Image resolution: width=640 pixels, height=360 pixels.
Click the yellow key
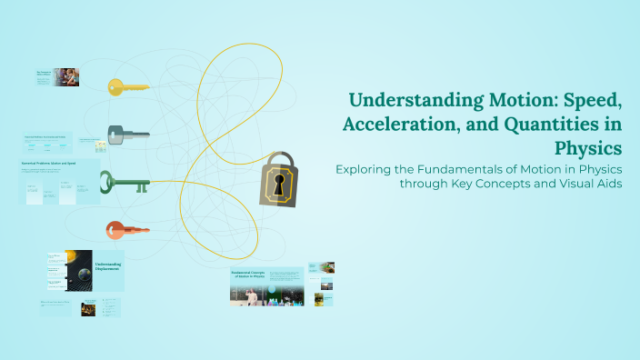127,87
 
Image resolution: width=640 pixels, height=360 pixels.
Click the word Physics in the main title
588,147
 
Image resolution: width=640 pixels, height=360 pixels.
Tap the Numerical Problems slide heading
45,164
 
